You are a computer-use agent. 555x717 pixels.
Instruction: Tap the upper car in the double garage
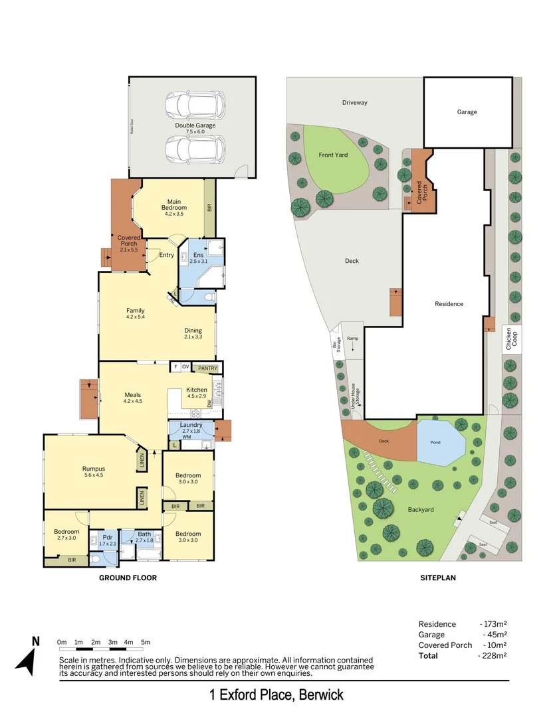[x=195, y=104]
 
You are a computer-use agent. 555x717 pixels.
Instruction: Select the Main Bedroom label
[x=174, y=207]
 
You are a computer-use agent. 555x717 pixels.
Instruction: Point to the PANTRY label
[x=207, y=367]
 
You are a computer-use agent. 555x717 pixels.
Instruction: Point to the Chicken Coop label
[x=509, y=339]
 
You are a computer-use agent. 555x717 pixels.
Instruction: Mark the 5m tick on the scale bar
[x=146, y=642]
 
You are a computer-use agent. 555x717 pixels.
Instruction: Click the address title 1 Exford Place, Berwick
[x=277, y=695]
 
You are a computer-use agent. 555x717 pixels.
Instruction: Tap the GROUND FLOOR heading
[x=128, y=578]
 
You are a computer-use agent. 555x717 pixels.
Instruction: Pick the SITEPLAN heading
[x=437, y=578]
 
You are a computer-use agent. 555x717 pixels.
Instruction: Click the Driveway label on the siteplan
[x=354, y=103]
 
